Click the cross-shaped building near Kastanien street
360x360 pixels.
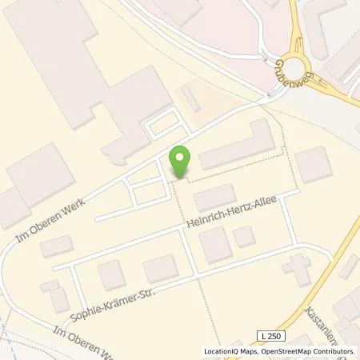click(298, 270)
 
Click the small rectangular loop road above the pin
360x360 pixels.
click(162, 124)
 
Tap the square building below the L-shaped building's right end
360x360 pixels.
click(313, 164)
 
